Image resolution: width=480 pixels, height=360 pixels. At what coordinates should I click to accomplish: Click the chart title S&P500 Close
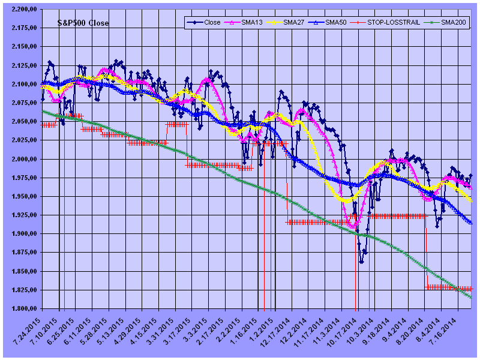click(x=83, y=23)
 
